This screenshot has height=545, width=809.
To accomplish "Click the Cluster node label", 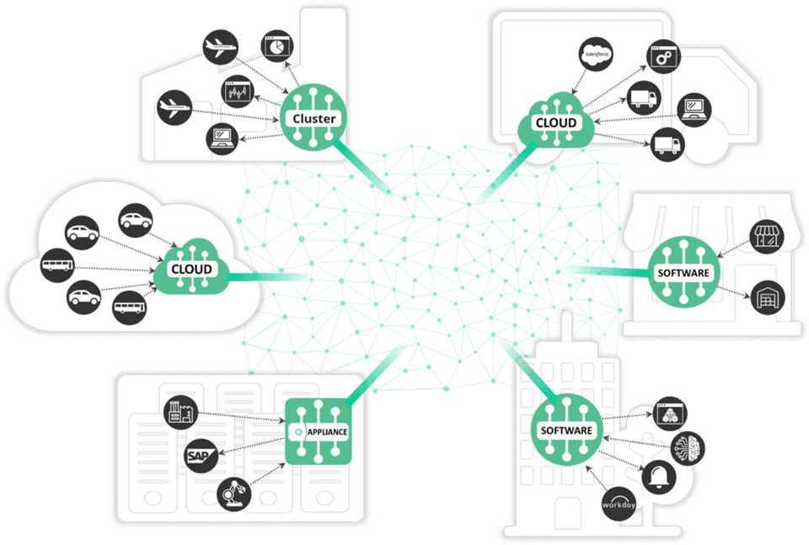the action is tap(313, 119).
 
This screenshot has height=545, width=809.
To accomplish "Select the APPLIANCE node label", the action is tap(327, 432).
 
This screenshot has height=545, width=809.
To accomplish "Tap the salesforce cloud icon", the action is tap(596, 54).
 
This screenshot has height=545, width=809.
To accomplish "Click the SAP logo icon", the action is tap(201, 456).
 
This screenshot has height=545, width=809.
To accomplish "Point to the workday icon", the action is tap(619, 505).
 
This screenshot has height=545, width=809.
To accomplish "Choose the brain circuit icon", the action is tap(688, 447).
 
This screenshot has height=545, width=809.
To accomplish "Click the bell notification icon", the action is tap(659, 478).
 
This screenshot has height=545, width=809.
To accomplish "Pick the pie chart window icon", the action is tap(277, 46).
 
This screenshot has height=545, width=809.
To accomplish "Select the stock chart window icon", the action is tap(238, 92).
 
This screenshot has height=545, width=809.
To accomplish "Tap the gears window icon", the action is tap(663, 56).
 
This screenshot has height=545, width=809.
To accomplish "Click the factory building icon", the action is tap(180, 413).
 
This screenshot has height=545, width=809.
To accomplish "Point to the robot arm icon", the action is tap(234, 494).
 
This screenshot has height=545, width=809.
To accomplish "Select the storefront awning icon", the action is tap(767, 237).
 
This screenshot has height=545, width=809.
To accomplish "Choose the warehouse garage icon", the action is tap(768, 297).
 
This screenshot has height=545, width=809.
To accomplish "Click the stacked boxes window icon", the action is tap(670, 414).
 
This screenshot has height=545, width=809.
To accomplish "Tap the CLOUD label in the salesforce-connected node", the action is tap(555, 123).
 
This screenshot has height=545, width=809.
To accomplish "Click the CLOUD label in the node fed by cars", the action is tap(191, 270).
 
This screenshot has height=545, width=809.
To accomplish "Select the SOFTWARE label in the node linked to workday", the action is tap(566, 430).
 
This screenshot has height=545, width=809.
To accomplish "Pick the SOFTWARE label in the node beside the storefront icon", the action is tap(683, 273).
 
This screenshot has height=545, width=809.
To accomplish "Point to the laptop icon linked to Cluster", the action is tap(222, 139).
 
